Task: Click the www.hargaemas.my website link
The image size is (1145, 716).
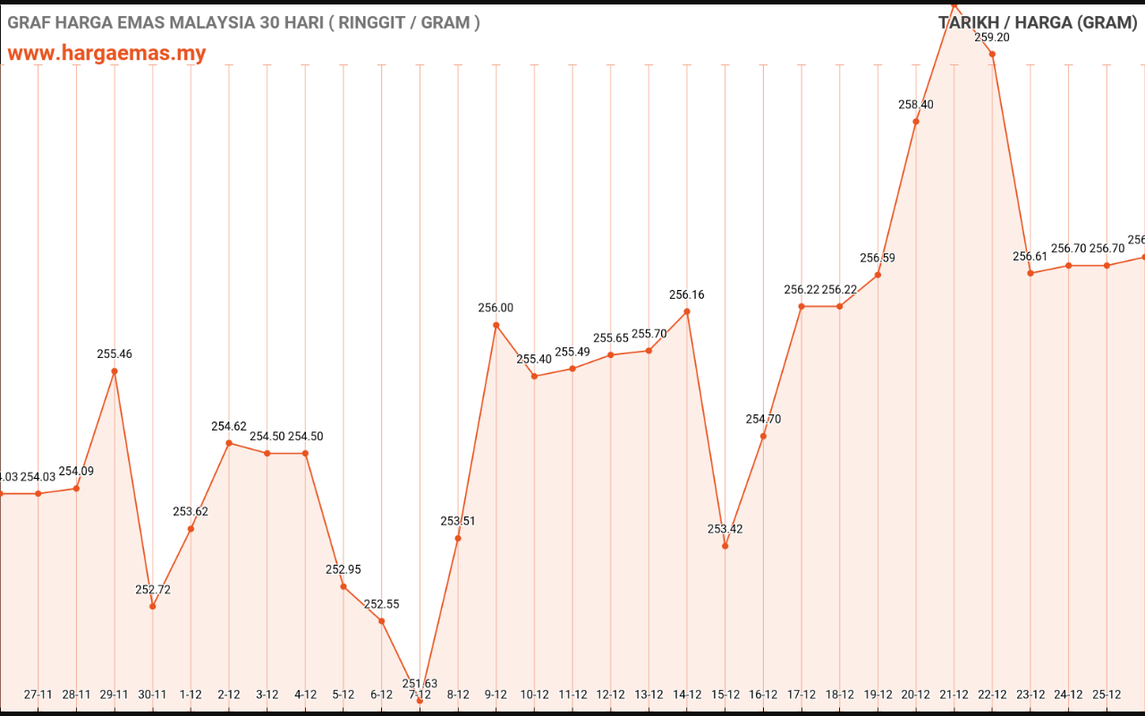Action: point(106,53)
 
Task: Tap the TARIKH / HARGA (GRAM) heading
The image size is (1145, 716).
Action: point(1038,22)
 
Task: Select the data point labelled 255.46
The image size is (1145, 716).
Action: point(114,371)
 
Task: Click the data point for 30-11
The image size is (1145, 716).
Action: point(153,606)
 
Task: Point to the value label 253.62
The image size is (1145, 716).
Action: point(191,512)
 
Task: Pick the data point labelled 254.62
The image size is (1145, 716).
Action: point(229,443)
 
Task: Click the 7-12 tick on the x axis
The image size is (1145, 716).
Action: point(420,694)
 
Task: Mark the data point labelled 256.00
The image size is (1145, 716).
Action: point(496,325)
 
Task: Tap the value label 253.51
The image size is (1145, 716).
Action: point(458,521)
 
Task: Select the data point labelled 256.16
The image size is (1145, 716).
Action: point(687,311)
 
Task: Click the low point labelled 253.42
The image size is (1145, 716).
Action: point(725,545)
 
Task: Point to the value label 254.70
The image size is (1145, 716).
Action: point(763,419)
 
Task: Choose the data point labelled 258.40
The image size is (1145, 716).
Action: point(916,121)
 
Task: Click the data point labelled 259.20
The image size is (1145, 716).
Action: point(992,54)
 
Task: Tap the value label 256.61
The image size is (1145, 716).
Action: point(1030,257)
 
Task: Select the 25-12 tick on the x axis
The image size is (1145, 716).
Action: point(1107,694)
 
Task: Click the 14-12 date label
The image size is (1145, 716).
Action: point(687,694)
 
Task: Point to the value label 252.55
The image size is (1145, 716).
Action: point(382,604)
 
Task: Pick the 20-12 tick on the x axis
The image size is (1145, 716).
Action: point(916,694)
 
